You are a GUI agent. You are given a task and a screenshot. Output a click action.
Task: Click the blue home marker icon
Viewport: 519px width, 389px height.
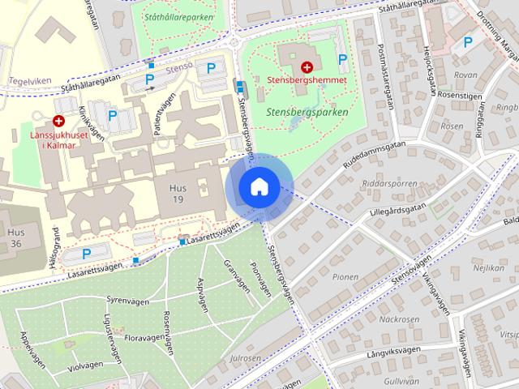point(259,186)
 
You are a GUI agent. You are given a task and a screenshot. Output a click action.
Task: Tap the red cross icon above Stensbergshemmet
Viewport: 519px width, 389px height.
point(307,67)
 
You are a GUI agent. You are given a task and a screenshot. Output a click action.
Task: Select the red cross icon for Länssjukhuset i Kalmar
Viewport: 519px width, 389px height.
point(59,120)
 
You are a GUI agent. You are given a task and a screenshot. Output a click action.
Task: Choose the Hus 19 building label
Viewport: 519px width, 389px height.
point(178,194)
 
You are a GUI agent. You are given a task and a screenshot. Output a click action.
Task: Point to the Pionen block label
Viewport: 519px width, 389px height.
point(345,277)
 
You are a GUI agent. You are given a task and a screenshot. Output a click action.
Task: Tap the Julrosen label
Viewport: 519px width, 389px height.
point(245,357)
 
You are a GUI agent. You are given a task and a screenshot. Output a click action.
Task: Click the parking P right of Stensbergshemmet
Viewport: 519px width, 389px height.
point(342,58)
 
